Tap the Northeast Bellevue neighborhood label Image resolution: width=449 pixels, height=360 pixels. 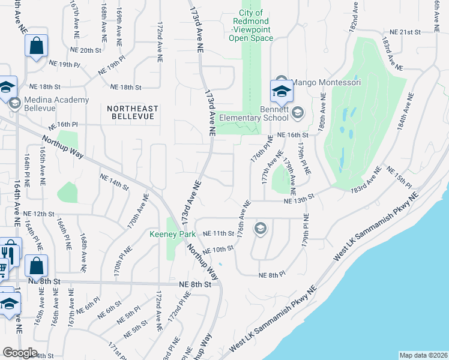[133, 112]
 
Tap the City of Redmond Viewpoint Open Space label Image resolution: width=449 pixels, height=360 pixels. [251, 25]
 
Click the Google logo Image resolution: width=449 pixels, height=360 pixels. [20, 352]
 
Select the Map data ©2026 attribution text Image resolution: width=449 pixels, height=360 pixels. [423, 355]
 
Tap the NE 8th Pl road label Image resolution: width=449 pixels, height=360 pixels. [271, 275]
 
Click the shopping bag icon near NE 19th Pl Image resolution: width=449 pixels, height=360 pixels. [36, 46]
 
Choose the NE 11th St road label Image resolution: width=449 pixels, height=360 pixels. [218, 233]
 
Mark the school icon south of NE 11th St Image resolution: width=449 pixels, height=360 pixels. [260, 227]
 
